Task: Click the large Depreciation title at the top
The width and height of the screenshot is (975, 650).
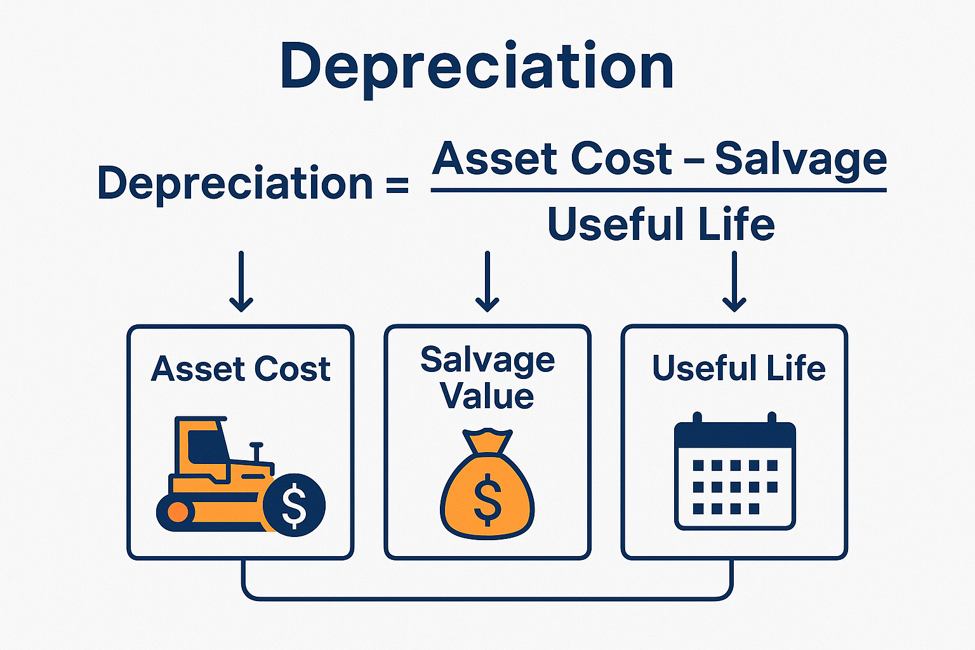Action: (x=476, y=67)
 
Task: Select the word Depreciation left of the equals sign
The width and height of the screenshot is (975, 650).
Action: (x=235, y=184)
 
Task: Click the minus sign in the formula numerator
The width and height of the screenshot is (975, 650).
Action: (x=694, y=160)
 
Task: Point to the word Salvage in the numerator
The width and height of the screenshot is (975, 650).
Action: (x=800, y=160)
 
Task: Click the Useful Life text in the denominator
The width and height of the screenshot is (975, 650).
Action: (x=661, y=224)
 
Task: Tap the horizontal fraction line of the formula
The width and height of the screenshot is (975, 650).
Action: (x=658, y=190)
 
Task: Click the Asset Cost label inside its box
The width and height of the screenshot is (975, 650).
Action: (x=241, y=369)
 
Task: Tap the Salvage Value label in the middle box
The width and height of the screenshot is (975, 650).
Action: (x=487, y=378)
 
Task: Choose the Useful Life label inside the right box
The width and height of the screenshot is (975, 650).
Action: (x=739, y=368)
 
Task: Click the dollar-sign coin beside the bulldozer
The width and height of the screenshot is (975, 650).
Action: (x=294, y=505)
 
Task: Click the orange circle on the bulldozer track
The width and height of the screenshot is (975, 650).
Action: (x=178, y=512)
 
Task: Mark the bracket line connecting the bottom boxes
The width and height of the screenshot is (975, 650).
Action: (x=487, y=598)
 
